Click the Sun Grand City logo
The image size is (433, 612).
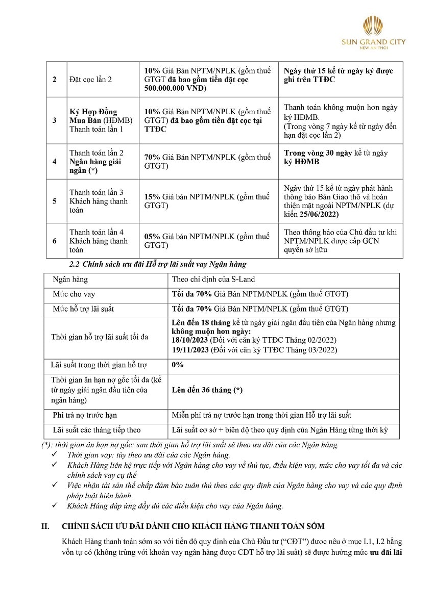373,31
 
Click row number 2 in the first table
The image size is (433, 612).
55,80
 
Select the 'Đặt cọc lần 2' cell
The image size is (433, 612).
90,80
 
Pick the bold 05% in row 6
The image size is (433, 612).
152,237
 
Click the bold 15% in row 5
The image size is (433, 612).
152,197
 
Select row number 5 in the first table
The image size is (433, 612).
55,201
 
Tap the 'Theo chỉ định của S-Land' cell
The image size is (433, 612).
213,279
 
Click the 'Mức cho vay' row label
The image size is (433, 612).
74,294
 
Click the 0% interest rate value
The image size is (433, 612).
178,365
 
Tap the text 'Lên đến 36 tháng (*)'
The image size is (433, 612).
207,390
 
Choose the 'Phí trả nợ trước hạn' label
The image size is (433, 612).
85,415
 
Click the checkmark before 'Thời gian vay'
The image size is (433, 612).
55,454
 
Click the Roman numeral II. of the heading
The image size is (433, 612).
45,526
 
